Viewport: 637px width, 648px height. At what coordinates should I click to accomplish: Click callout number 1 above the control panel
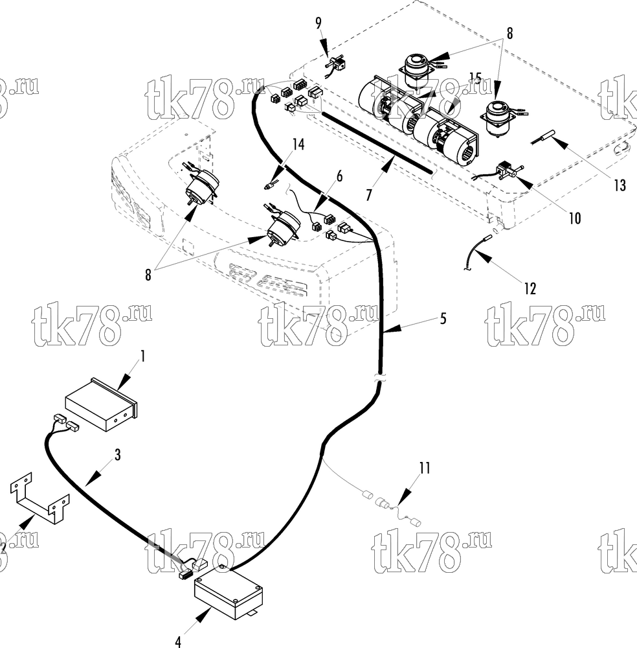tap(143, 356)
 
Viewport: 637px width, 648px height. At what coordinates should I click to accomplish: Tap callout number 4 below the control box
tap(178, 642)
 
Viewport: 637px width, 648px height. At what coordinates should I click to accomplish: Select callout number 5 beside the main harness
tap(443, 318)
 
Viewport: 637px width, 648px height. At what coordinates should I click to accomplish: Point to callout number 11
tap(425, 469)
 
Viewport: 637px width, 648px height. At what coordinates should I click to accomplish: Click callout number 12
tap(530, 288)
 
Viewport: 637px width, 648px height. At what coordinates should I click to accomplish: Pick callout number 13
tap(620, 185)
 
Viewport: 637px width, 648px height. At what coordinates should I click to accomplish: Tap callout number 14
tap(298, 145)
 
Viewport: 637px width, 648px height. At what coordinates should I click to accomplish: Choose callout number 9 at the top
tap(318, 23)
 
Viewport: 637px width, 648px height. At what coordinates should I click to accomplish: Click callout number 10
tap(575, 218)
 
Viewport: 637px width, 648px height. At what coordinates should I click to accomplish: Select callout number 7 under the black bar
tap(368, 194)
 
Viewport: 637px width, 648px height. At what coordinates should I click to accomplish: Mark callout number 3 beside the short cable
tap(118, 455)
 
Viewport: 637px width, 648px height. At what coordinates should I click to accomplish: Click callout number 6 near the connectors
tap(339, 176)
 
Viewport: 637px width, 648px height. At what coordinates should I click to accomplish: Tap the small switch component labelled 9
tap(335, 66)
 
